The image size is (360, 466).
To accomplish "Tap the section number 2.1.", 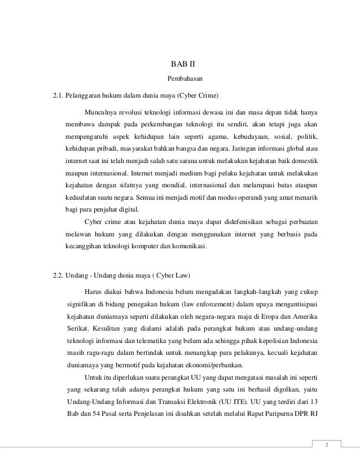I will click(58, 94).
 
